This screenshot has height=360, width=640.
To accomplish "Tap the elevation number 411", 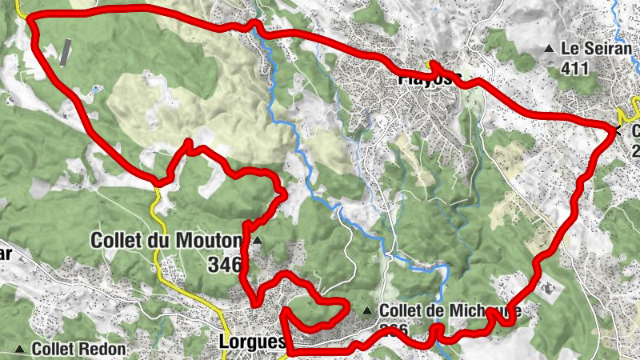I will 574,68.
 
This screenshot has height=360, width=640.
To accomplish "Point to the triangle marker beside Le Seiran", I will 549,50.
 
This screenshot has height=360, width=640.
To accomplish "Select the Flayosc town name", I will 429,79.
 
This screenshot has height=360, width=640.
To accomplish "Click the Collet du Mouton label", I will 166,240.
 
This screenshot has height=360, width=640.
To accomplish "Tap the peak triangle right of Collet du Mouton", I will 257,240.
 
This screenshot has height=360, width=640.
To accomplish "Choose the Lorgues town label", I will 251,342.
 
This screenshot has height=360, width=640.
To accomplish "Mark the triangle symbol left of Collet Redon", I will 19,350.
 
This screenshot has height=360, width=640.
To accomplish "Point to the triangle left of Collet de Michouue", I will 367,311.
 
